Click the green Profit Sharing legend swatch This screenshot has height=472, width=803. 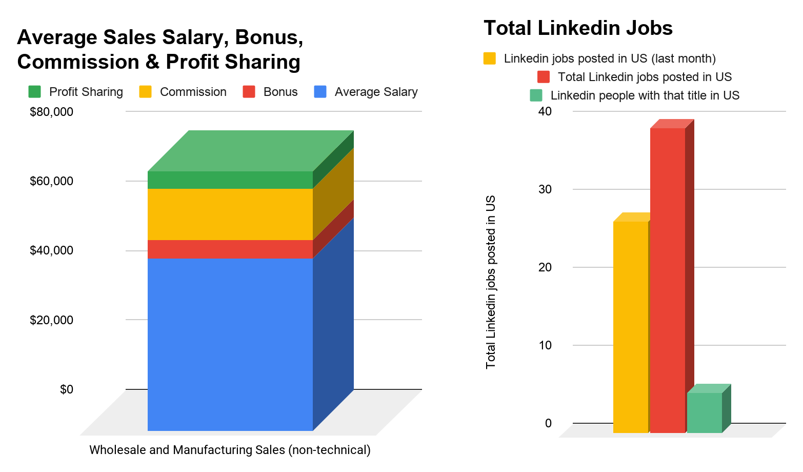34,92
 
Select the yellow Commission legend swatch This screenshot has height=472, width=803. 145,92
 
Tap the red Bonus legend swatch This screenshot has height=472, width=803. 249,92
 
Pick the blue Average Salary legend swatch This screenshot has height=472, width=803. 320,92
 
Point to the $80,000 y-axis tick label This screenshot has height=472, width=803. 52,112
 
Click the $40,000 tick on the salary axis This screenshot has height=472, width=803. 52,250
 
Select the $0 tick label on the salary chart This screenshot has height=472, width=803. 67,389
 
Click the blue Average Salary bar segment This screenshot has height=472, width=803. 230,344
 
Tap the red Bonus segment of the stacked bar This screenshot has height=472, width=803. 230,249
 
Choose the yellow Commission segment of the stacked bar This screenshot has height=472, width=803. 230,214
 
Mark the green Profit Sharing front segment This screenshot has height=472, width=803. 230,180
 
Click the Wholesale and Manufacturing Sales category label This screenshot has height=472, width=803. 230,450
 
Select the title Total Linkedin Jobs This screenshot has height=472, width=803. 578,28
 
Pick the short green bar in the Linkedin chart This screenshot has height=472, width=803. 705,412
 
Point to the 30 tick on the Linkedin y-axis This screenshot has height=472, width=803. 545,189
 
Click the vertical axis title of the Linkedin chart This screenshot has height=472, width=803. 491,282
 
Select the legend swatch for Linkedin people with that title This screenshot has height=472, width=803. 536,95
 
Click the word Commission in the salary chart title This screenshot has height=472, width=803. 78,62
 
